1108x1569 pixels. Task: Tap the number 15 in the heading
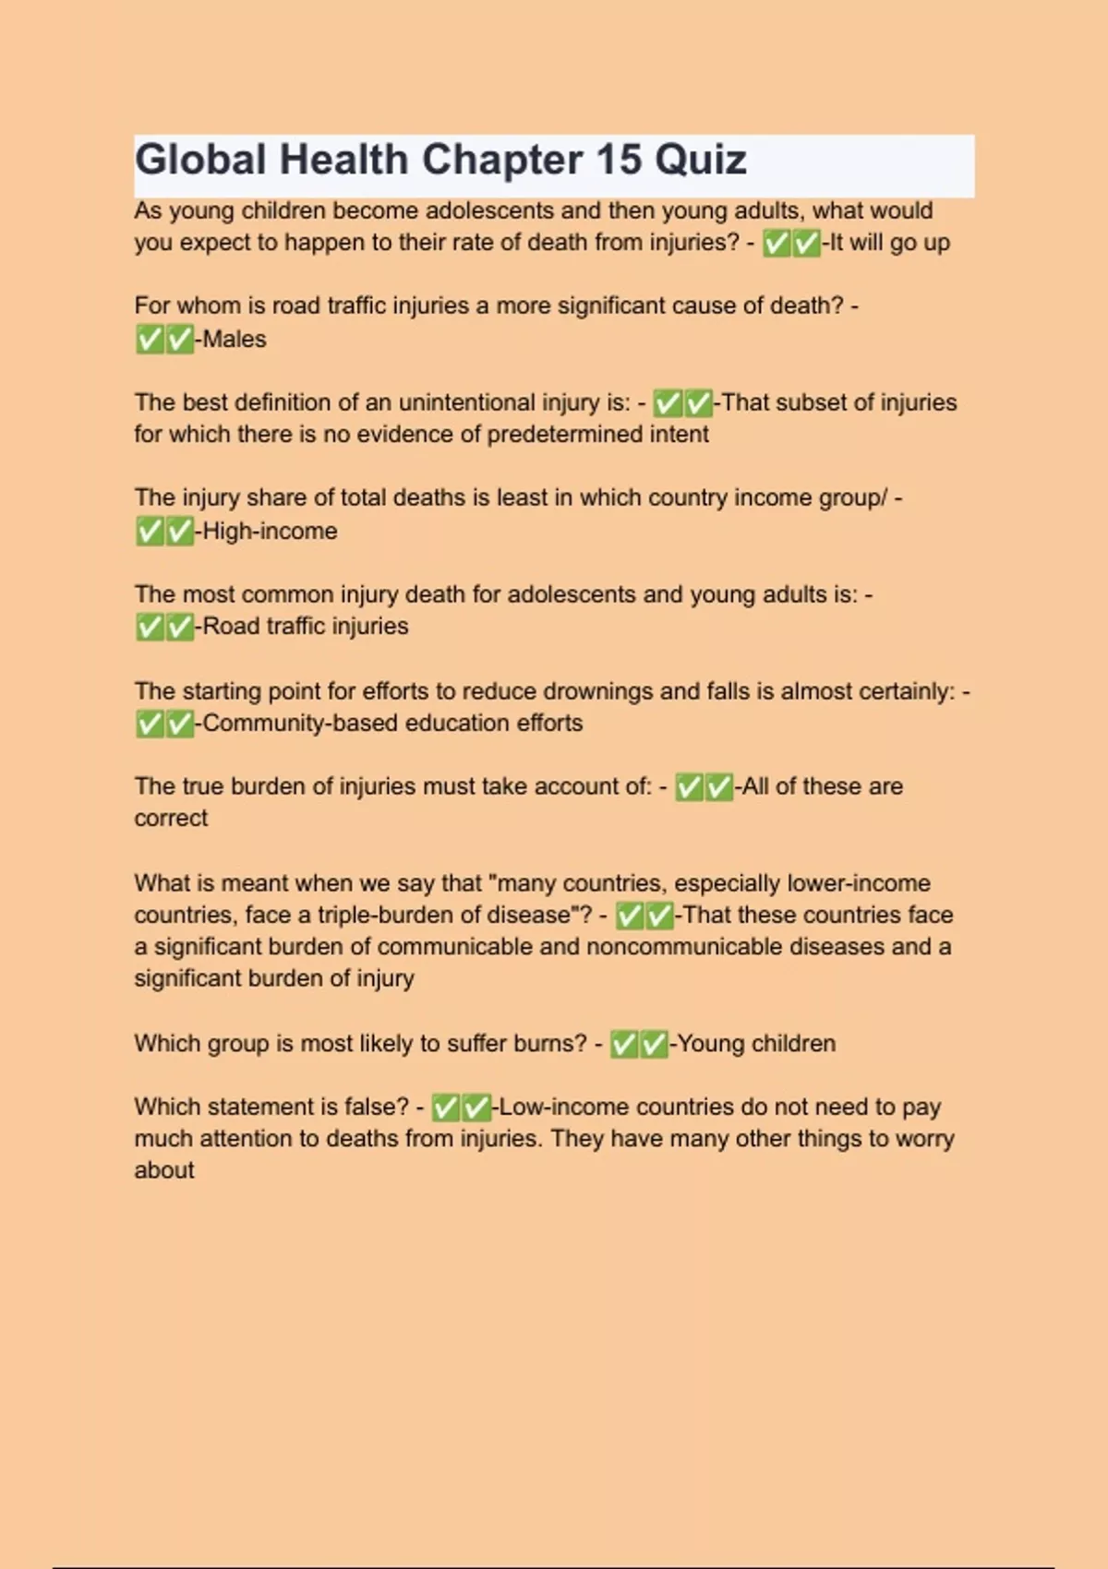(619, 160)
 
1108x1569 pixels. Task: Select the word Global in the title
(200, 160)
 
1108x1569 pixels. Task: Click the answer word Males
(235, 339)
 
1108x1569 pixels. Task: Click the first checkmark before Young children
(624, 1044)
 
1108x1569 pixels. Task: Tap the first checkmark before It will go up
(777, 243)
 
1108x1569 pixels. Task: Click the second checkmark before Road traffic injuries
(179, 627)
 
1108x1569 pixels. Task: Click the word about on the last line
(164, 1169)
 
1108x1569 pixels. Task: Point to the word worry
(924, 1138)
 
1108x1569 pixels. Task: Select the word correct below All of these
(171, 818)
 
